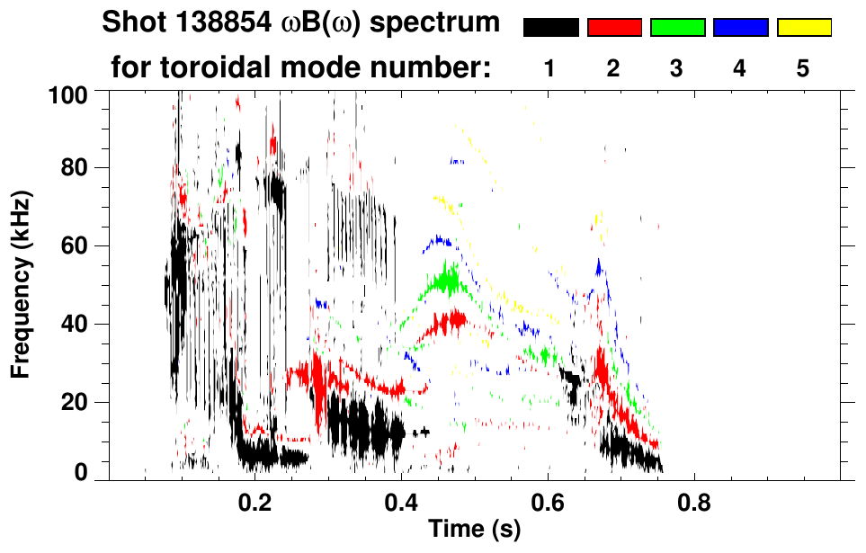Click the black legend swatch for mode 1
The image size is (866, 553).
[550, 28]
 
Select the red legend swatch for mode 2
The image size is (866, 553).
[614, 28]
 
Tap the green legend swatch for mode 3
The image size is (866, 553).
[677, 28]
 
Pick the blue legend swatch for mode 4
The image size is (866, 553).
[740, 28]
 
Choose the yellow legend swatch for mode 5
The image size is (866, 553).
[803, 28]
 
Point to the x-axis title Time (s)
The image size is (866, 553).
[474, 530]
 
